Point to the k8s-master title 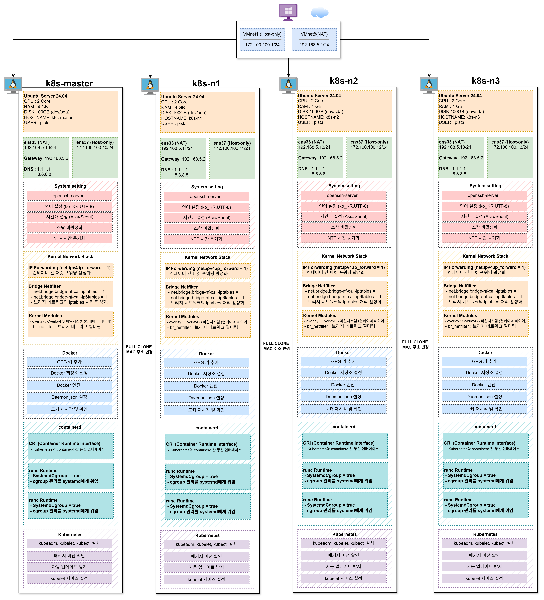[69, 83]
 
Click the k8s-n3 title [486, 81]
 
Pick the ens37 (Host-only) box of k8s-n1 [232, 158]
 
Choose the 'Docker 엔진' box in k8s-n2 [344, 385]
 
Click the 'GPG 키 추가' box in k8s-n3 [484, 361]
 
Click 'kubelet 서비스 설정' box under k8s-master [69, 578]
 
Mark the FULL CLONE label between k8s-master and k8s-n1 [139, 349]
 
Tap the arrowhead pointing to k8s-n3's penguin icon [429, 75]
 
